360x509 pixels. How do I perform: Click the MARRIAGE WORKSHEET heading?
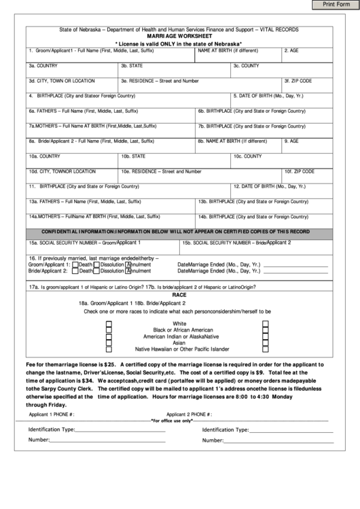point(179,37)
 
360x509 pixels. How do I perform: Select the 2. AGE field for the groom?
point(308,54)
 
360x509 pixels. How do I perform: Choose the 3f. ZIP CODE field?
point(308,84)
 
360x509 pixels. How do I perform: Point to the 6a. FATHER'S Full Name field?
point(111,114)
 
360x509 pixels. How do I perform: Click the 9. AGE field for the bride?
point(308,145)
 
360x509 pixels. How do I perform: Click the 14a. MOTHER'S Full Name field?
point(111,220)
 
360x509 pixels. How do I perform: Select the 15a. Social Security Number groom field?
point(103,245)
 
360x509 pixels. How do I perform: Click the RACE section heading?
point(179,296)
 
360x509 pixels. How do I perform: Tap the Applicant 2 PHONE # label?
point(190,414)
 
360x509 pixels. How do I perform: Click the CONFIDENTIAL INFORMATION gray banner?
point(179,232)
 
